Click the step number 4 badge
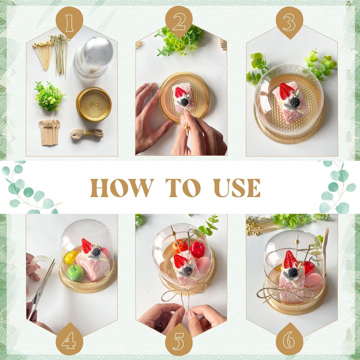point(69,340)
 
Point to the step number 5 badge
point(179,340)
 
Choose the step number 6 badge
point(289,340)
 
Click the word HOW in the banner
point(122,188)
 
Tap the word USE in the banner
point(237,188)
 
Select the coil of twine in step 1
point(86,134)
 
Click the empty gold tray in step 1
point(94,104)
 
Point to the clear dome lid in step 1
point(93,57)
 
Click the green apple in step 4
point(75,272)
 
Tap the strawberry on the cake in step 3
point(285,91)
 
